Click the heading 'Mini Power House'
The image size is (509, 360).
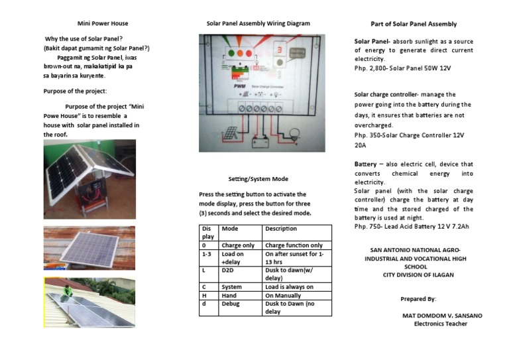coord(103,24)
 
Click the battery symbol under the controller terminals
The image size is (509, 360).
coord(259,139)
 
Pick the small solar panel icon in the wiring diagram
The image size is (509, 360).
coord(229,135)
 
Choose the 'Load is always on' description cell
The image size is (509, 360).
coord(289,287)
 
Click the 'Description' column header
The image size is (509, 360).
coord(281,228)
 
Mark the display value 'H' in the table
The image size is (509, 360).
coord(204,295)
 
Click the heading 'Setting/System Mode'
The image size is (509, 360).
coord(258,179)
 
